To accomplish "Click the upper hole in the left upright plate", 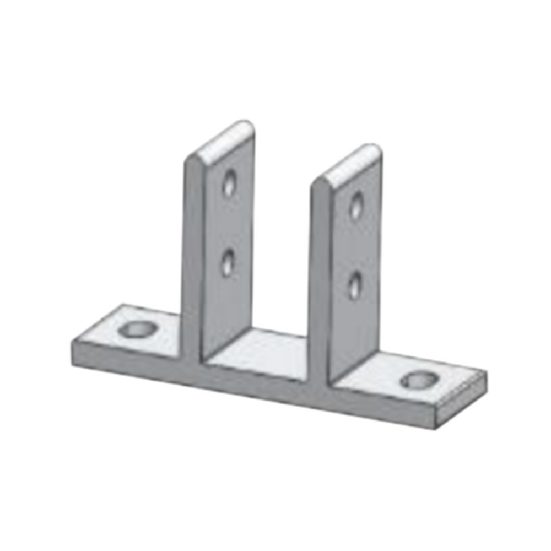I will click(x=229, y=183).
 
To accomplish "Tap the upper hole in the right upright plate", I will click(x=357, y=204).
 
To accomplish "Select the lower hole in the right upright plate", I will click(x=355, y=285).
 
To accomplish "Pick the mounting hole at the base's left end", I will click(x=137, y=329).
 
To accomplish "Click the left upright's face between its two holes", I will click(x=228, y=223).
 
